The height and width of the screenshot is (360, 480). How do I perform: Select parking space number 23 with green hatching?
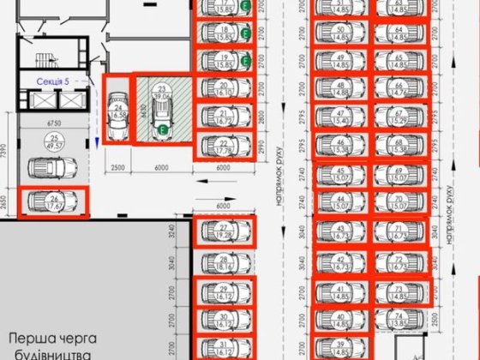161,110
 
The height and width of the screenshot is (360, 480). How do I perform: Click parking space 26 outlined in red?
52,201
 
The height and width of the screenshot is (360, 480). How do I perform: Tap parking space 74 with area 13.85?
401,319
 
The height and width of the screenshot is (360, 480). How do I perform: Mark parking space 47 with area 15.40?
342,117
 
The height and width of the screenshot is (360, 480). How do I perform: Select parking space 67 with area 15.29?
400,117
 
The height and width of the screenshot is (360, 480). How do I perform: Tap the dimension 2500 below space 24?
118,168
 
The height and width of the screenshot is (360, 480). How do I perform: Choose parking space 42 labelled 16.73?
342,261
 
